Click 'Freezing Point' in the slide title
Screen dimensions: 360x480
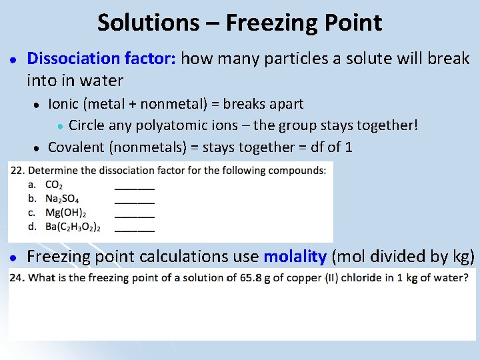pos(304,23)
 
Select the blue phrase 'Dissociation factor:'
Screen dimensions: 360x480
pos(101,59)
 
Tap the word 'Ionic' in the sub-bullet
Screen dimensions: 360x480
pos(63,104)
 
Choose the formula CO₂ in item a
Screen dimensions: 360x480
pos(55,185)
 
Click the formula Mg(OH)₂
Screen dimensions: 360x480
pos(65,213)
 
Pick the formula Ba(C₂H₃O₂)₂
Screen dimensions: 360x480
pos(73,227)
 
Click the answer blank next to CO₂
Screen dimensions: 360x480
pos(135,187)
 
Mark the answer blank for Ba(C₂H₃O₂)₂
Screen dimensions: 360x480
pos(135,229)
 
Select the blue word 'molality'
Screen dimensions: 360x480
pos(295,257)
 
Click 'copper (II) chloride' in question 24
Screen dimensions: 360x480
pos(340,277)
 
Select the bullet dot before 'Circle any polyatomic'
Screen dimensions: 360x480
pos(60,126)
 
